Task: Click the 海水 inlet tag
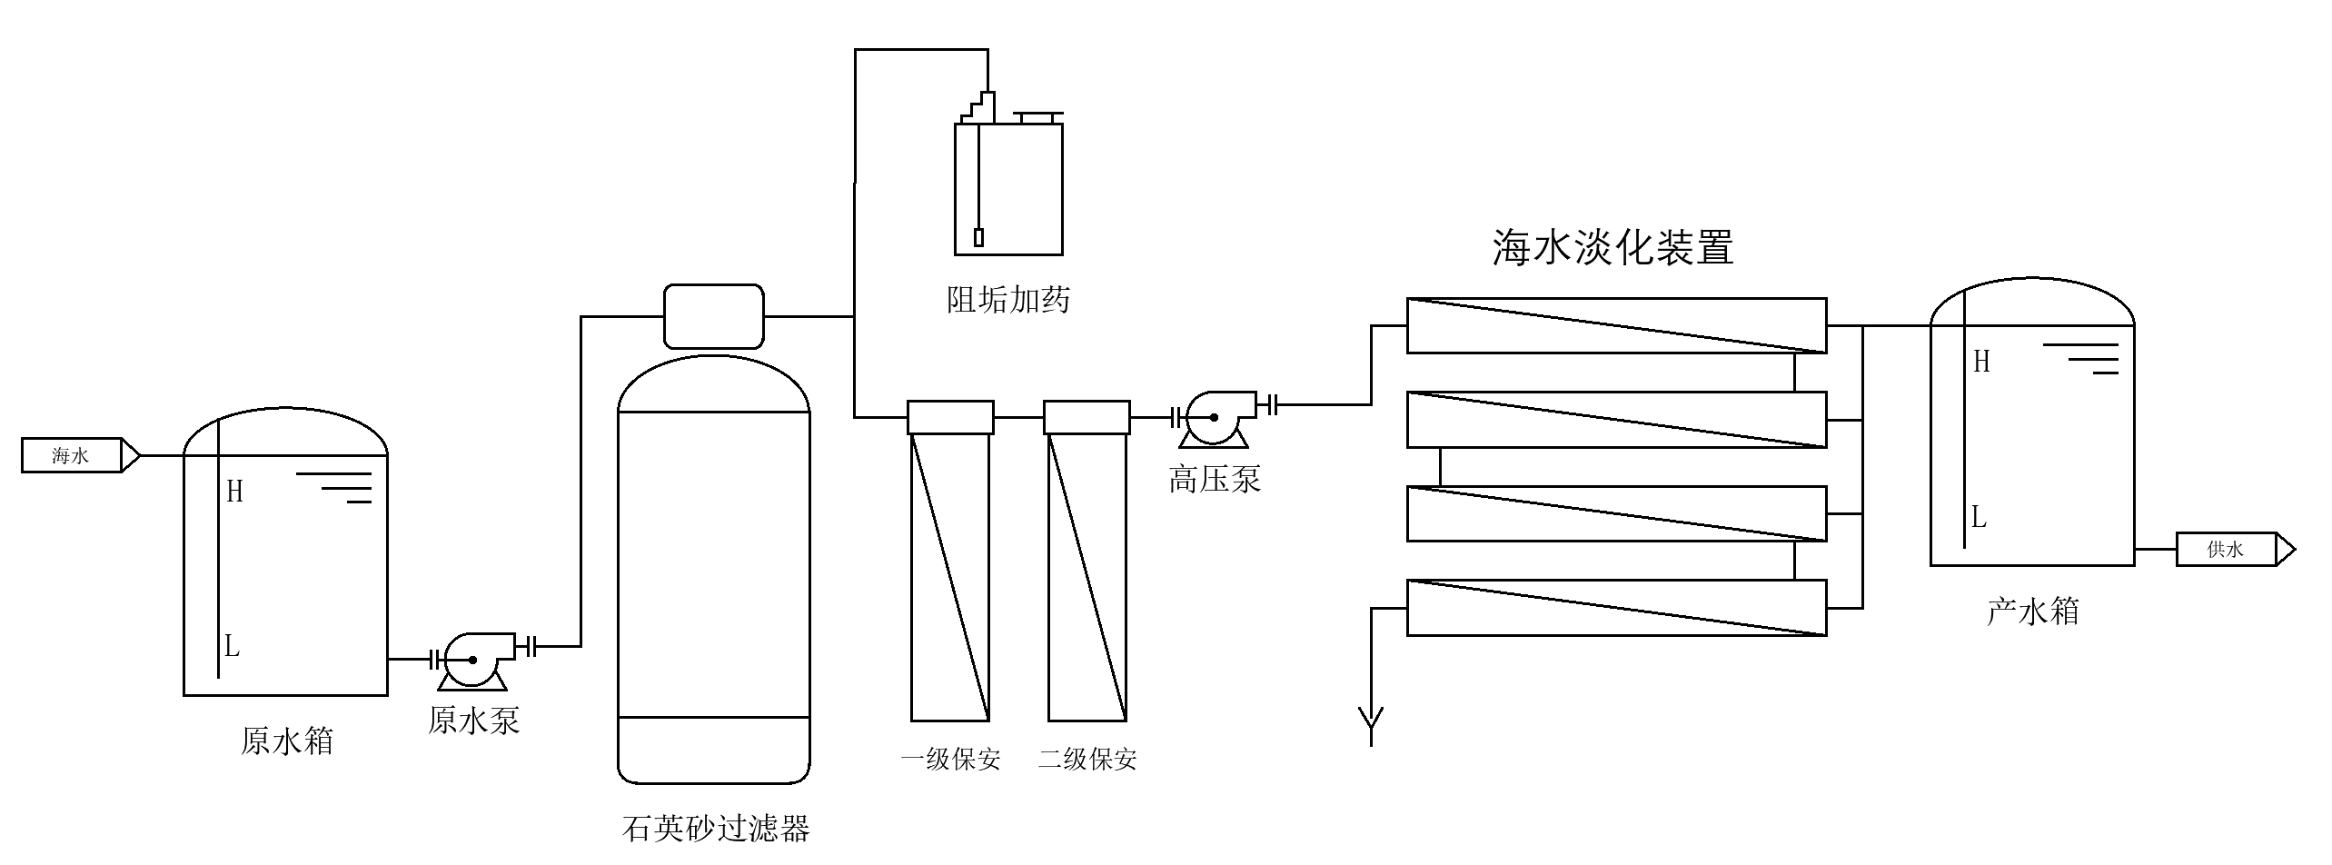(72, 455)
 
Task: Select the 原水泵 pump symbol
(472, 661)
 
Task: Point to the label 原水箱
(287, 741)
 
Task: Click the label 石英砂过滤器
(716, 828)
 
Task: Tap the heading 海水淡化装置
(1613, 247)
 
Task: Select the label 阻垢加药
(1008, 299)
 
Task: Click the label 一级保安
(950, 760)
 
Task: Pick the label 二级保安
(1087, 760)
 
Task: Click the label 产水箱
(2033, 611)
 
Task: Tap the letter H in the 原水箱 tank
(234, 492)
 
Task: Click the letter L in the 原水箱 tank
(233, 647)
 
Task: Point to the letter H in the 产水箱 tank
(1981, 362)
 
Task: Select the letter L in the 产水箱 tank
(1980, 519)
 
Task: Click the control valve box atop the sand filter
(713, 316)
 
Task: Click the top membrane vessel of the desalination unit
(1616, 325)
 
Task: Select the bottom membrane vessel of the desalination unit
(1616, 607)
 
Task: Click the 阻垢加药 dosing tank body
(1008, 189)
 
